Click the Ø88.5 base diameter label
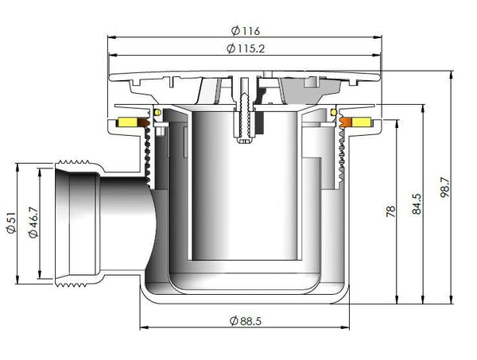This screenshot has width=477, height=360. point(246,320)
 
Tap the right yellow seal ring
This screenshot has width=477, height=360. point(363,123)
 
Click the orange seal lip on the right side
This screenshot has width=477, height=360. point(345,123)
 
